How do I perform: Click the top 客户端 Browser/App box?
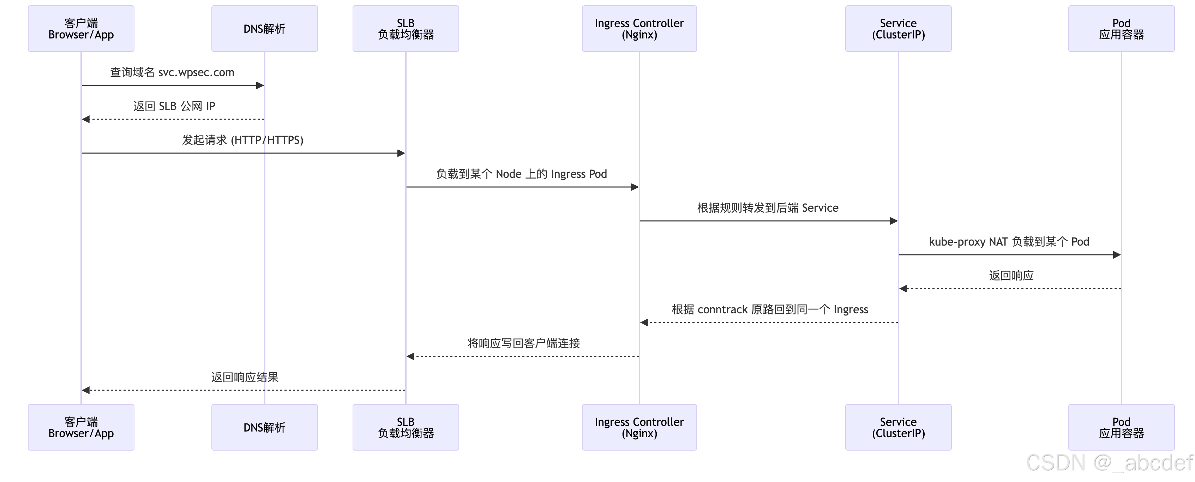[81, 29]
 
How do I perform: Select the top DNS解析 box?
[264, 29]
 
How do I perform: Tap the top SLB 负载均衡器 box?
[406, 29]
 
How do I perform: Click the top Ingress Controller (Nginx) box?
[639, 29]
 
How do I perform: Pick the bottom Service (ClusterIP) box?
[898, 427]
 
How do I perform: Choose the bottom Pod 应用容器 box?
[1121, 427]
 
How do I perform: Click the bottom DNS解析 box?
[264, 427]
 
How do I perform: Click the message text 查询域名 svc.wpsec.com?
[172, 72]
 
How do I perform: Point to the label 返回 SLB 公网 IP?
[174, 106]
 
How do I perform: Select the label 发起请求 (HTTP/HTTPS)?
[242, 140]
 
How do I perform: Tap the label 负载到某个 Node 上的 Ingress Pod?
[521, 174]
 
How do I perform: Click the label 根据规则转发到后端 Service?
[768, 208]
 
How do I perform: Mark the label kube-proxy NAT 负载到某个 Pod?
[1009, 242]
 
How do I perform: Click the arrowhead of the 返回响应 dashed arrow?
[903, 289]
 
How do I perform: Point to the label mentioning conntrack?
[770, 309]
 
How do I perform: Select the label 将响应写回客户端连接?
[523, 343]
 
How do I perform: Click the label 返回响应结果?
[245, 377]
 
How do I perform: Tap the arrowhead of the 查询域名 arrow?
[260, 85]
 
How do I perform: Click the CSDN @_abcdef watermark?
[1109, 463]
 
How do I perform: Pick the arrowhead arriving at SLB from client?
[401, 153]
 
